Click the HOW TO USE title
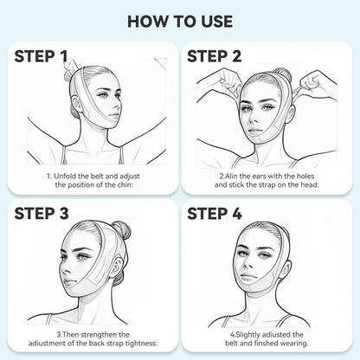point(180,22)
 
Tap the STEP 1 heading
point(41,56)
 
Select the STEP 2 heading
point(214,56)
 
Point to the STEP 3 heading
point(42,214)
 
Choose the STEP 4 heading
point(215,214)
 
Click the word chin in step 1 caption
point(124,184)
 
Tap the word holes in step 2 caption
point(305,176)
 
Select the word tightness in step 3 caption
point(142,344)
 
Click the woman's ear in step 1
point(76,105)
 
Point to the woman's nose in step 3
point(65,270)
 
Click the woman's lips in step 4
point(248,278)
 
